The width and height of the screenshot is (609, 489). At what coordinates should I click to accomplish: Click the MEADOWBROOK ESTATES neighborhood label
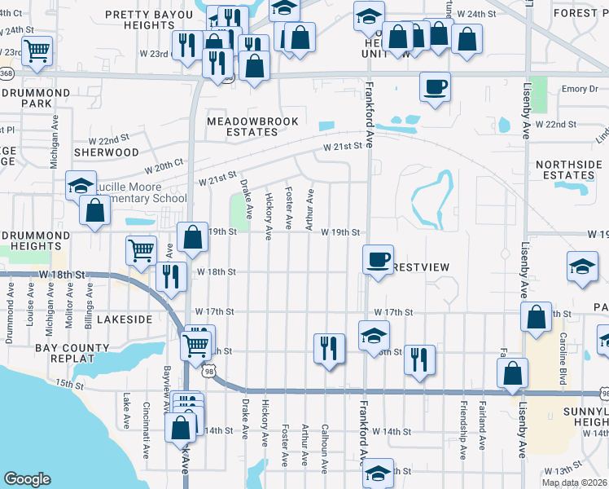click(x=252, y=126)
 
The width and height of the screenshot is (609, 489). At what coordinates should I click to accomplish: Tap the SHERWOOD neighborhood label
click(x=107, y=152)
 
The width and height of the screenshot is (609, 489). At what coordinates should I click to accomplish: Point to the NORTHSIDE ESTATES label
click(x=568, y=170)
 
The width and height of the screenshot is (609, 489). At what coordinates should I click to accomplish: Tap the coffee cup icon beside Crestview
click(x=377, y=259)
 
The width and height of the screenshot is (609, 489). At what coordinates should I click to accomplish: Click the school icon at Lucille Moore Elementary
click(x=81, y=186)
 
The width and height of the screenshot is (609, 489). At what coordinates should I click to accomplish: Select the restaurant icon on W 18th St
click(x=172, y=275)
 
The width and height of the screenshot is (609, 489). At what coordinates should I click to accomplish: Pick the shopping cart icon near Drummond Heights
click(x=142, y=250)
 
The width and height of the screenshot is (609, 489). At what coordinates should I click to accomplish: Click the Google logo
click(x=28, y=478)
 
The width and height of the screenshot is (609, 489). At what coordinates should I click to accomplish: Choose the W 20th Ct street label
click(x=164, y=166)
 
